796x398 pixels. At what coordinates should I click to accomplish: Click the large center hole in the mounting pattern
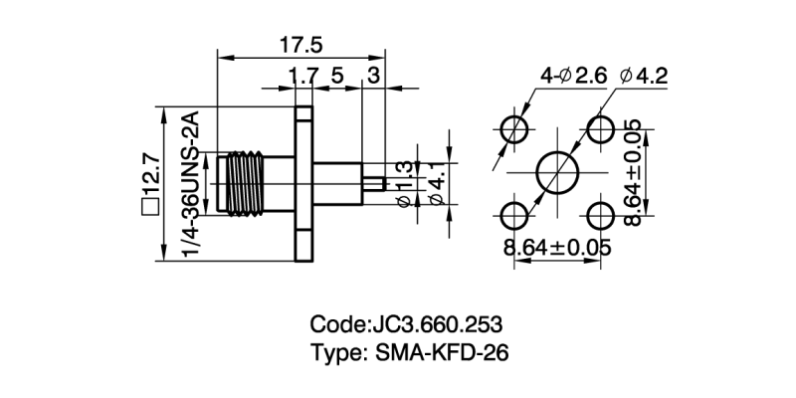click(x=556, y=172)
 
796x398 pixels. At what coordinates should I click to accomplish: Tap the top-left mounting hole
click(x=514, y=129)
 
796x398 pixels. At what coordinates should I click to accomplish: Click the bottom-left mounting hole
click(x=514, y=215)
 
